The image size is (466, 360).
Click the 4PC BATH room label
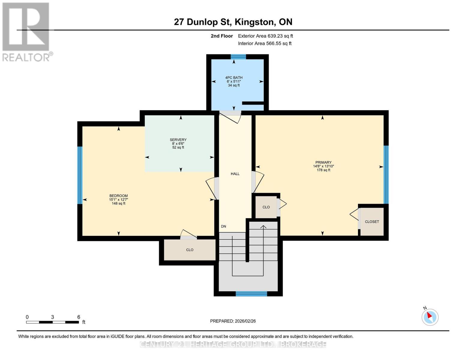(x=234, y=78)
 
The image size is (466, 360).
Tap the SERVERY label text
(x=178, y=139)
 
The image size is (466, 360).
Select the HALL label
(x=235, y=174)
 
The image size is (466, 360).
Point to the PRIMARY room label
(x=323, y=162)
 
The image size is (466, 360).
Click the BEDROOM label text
(x=119, y=196)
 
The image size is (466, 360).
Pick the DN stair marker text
(x=224, y=226)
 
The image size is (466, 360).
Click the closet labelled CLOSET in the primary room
(x=372, y=222)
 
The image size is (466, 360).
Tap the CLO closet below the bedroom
(x=190, y=250)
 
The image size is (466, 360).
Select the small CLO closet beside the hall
(x=266, y=207)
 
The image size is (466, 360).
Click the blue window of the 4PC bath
(x=238, y=57)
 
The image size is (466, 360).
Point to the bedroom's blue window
(x=80, y=175)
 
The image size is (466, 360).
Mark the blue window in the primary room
(x=386, y=175)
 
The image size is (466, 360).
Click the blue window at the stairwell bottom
(x=251, y=294)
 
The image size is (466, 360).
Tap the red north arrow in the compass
(x=429, y=315)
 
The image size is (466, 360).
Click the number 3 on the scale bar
(x=52, y=317)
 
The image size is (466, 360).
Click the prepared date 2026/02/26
(x=245, y=321)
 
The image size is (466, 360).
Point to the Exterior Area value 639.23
(x=275, y=36)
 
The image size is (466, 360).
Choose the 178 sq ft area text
(x=323, y=170)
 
